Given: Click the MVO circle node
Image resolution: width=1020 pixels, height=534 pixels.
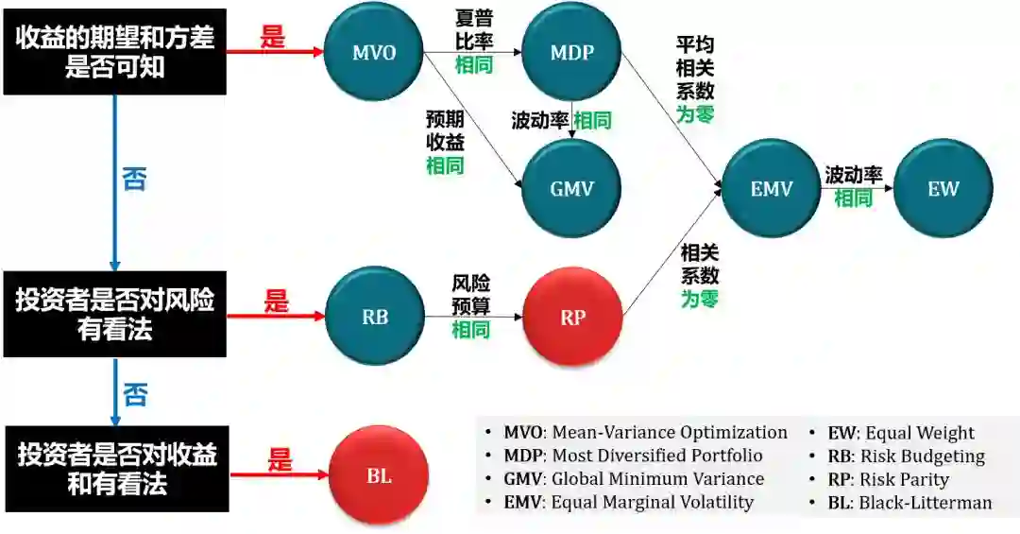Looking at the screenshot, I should [x=373, y=52].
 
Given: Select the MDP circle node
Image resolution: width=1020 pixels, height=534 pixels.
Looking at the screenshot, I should [x=571, y=52].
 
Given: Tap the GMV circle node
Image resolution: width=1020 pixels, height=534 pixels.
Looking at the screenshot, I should [x=571, y=188].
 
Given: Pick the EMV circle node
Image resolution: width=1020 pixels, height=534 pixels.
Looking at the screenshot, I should [x=772, y=188].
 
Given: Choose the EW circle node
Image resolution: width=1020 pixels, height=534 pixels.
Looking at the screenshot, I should [x=943, y=188].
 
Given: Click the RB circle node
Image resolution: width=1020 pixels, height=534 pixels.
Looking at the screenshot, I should [x=375, y=317].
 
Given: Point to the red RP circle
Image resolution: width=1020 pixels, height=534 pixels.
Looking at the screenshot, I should [x=573, y=317].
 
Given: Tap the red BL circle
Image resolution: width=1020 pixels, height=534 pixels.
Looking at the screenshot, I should [x=379, y=475].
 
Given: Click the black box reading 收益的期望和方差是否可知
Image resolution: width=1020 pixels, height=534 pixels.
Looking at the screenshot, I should [x=114, y=52].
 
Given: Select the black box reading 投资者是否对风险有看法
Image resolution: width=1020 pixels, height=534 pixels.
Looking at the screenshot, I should [x=114, y=315].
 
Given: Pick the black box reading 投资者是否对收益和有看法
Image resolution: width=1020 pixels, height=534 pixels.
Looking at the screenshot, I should [x=114, y=470].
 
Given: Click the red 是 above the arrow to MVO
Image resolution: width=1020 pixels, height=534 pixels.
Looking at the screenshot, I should [x=273, y=38].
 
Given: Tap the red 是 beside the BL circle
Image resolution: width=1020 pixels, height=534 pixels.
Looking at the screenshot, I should [x=280, y=460].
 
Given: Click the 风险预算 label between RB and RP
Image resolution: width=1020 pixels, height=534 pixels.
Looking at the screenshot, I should [x=471, y=294].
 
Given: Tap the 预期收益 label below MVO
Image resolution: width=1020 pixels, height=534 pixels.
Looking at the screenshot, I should [x=445, y=132].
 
